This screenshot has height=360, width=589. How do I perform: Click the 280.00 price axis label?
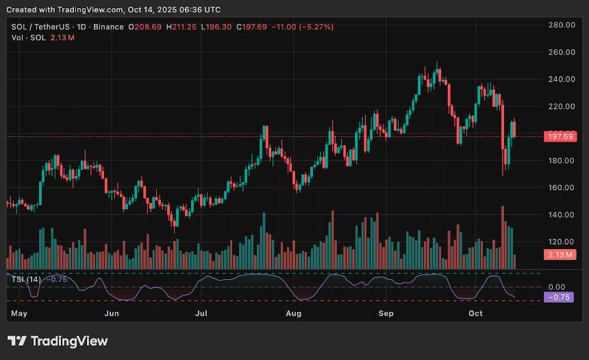(560, 25)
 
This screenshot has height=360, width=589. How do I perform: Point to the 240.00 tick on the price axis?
(560, 79)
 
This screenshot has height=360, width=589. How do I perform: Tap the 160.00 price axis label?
(560, 188)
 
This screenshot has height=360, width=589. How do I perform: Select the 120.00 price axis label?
(560, 242)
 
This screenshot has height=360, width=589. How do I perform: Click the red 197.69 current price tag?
(560, 137)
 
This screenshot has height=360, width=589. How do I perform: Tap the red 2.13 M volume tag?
(560, 255)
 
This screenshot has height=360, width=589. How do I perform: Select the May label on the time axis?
(20, 313)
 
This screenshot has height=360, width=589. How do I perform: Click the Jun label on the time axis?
(112, 313)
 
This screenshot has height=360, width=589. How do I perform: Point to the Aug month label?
(293, 313)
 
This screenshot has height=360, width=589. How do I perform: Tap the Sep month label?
(386, 313)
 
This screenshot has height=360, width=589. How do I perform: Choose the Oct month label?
(475, 313)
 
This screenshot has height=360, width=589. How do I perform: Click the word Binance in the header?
(108, 27)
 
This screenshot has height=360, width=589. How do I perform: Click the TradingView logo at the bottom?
(58, 341)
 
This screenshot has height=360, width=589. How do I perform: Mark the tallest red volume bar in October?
(503, 237)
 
